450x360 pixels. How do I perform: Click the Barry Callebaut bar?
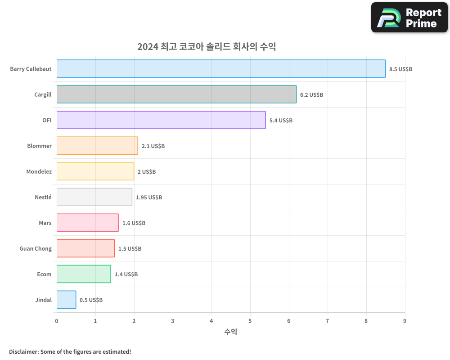tap(221, 69)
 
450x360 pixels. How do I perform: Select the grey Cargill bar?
tap(176, 94)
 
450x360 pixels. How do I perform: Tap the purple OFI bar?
tap(161, 120)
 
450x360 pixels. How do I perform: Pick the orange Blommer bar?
tap(97, 146)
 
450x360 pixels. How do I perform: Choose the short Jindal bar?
tap(66, 300)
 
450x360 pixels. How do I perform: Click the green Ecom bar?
tap(84, 274)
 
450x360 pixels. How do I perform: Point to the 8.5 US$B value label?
tap(400, 69)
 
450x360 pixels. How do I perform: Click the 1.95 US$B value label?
tap(149, 198)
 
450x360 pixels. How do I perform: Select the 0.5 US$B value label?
tap(91, 300)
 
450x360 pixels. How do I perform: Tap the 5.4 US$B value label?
tap(281, 121)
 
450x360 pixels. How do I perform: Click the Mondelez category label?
tap(39, 171)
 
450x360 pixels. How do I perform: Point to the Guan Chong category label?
tap(36, 248)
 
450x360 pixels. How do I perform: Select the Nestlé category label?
tap(43, 197)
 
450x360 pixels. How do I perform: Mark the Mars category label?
tap(45, 223)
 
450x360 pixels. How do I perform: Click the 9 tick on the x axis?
tap(405, 321)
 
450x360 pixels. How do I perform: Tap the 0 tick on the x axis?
tap(57, 321)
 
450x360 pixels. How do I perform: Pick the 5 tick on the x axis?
tap(250, 321)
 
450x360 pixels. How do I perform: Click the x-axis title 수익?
tap(230, 332)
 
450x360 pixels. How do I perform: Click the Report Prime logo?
tap(409, 18)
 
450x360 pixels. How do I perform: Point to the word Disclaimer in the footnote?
tap(23, 351)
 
